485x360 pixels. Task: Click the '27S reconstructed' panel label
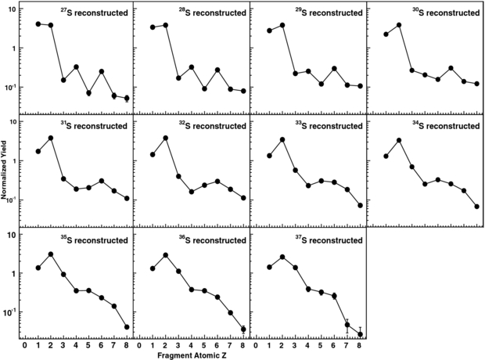point(93,13)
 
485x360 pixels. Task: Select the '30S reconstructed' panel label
point(442,13)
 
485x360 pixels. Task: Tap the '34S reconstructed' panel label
point(442,126)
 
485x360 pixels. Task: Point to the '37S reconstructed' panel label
point(325,239)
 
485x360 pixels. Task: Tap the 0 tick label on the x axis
point(25,344)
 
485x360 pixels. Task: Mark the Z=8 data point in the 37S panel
point(361,334)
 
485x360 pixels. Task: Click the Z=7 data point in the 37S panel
point(347,325)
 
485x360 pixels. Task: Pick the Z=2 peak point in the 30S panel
point(400,25)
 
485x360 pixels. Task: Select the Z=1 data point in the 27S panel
point(38,24)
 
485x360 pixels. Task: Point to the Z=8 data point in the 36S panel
point(244,329)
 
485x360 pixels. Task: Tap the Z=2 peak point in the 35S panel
point(51,254)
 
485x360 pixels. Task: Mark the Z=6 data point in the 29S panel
point(334,69)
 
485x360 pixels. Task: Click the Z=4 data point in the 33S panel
point(308,185)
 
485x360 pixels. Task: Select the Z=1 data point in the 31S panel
point(38,151)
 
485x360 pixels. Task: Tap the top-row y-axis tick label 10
point(13,10)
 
